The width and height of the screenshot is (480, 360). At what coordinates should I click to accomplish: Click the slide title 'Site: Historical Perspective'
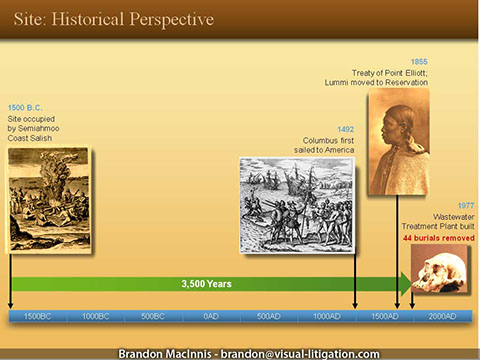(x=113, y=20)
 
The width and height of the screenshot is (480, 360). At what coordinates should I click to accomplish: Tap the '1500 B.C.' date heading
(x=26, y=106)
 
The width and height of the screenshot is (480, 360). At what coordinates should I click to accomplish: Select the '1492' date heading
(x=344, y=129)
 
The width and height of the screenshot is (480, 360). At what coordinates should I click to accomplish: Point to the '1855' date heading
(x=419, y=61)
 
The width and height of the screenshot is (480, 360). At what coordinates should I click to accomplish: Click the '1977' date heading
(x=465, y=204)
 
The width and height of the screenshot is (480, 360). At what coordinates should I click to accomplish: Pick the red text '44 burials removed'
(x=439, y=240)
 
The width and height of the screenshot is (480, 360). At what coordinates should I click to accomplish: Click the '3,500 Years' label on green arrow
(x=206, y=284)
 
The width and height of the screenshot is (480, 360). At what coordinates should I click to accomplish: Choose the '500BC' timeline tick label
(x=153, y=316)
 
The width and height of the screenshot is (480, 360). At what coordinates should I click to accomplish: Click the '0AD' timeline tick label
(x=211, y=316)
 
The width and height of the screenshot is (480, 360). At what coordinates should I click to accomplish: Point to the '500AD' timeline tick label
(x=268, y=316)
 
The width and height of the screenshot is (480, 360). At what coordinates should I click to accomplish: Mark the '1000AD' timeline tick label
(x=326, y=316)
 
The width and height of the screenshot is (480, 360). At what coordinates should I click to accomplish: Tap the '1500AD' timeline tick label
(x=383, y=316)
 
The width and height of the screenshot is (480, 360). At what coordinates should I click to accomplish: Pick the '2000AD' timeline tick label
(x=441, y=316)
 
